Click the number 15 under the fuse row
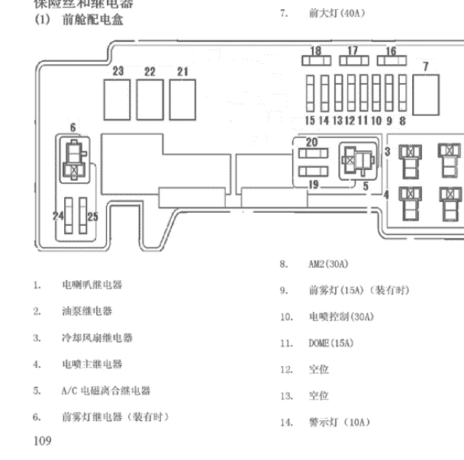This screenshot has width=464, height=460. (x=309, y=121)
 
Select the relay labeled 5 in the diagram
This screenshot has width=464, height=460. (x=356, y=160)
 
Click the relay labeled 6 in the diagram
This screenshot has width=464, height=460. (x=74, y=159)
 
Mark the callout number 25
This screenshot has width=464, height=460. (x=92, y=217)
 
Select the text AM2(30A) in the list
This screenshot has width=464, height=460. (x=328, y=264)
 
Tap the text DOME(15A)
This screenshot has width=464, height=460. (x=331, y=343)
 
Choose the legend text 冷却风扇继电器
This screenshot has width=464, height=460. (x=97, y=338)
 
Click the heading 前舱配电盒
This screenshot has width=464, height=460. (x=92, y=20)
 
